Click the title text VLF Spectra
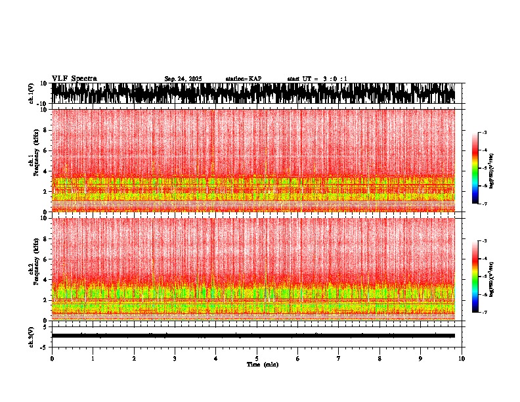74,79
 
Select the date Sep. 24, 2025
183,79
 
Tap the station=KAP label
244,79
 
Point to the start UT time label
317,79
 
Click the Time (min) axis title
262,364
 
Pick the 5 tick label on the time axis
257,359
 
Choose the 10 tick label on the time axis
462,359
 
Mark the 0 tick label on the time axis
52,359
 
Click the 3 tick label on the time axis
175,359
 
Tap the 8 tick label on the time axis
379,359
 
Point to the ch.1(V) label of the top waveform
32,93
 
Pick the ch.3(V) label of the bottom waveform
32,336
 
